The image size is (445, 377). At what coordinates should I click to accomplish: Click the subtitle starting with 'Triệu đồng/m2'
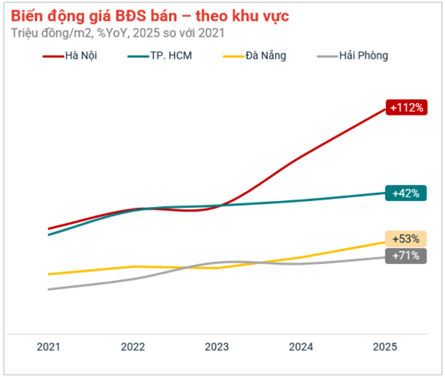(x=118, y=33)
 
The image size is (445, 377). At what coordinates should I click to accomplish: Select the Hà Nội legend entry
(x=71, y=55)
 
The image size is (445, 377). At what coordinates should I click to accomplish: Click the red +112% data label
(x=406, y=108)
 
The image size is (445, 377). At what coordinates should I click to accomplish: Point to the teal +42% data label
(x=406, y=193)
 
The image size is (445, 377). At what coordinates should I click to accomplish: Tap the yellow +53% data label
(x=406, y=239)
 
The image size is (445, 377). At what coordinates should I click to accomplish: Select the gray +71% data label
(x=406, y=256)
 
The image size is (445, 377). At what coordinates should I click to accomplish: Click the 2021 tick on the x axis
(x=49, y=347)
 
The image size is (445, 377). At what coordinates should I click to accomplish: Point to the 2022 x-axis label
(x=133, y=347)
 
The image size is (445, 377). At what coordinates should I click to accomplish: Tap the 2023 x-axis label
(x=217, y=347)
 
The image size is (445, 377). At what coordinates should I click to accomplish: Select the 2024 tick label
(x=301, y=347)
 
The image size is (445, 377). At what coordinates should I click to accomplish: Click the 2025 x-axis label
(x=384, y=347)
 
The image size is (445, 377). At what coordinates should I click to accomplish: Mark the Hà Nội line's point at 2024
(x=301, y=157)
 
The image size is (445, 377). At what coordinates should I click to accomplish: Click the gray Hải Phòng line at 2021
(x=49, y=289)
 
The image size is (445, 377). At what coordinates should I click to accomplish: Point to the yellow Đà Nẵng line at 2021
(x=49, y=274)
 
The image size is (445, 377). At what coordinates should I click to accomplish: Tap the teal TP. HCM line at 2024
(x=301, y=200)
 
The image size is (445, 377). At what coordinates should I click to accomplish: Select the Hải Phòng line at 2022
(x=133, y=278)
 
